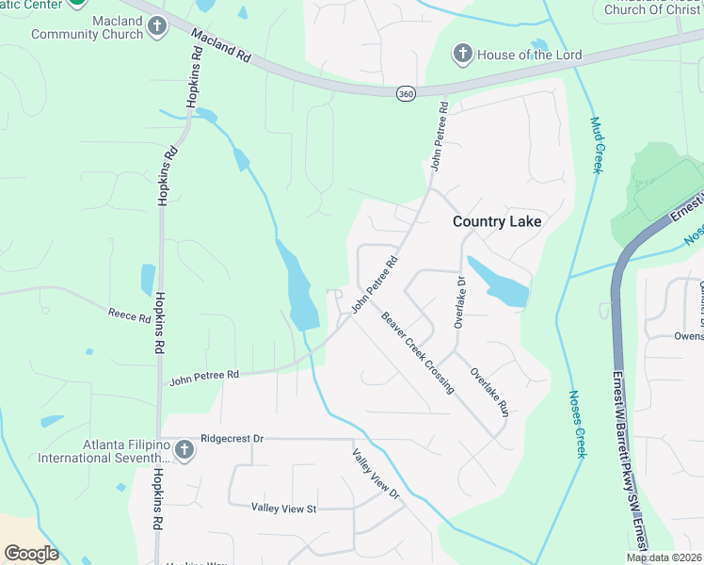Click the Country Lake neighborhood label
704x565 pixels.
point(497,221)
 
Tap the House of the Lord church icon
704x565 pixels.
point(462,54)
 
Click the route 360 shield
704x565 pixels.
point(405,93)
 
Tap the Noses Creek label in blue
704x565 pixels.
point(580,425)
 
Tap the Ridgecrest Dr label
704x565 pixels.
point(232,439)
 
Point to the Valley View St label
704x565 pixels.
point(284,508)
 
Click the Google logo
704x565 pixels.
point(32,553)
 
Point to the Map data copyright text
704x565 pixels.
point(664,557)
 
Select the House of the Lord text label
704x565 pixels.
point(523,54)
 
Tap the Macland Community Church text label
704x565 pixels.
point(87,27)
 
